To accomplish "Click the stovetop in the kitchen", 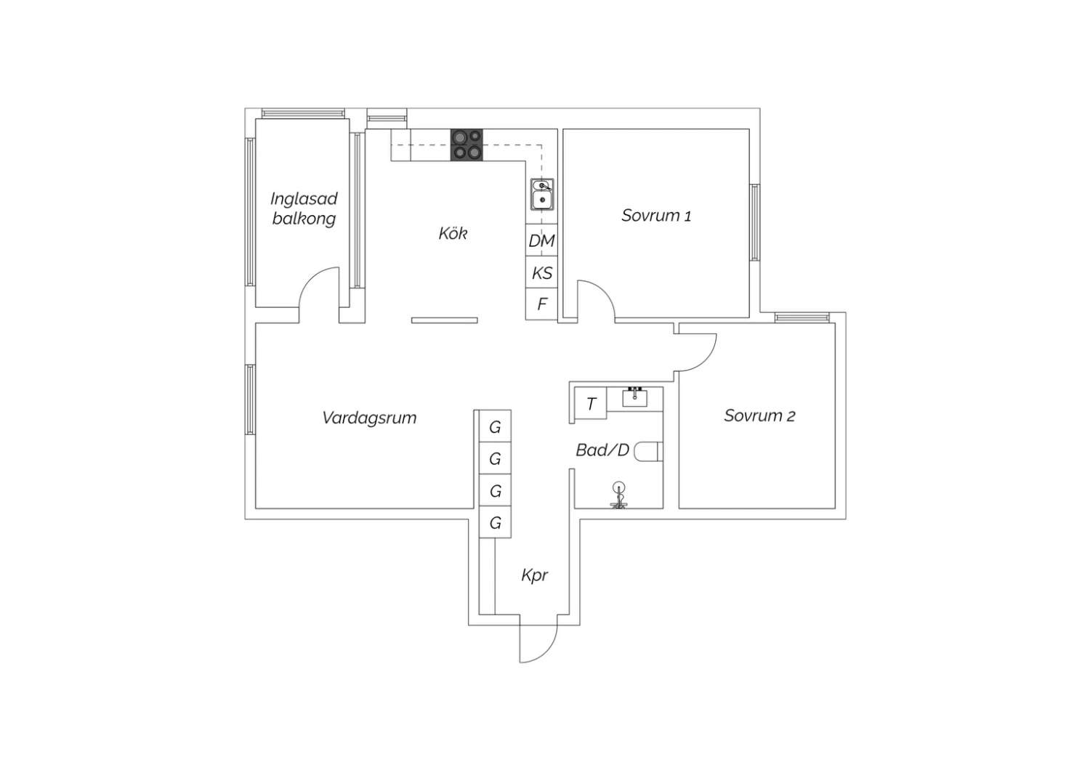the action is [x=467, y=145].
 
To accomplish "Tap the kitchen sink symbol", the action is [x=541, y=194].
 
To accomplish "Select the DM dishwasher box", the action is [x=541, y=240].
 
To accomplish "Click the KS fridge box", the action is [x=541, y=272].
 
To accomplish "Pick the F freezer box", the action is [x=541, y=304].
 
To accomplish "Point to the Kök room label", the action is [x=453, y=233].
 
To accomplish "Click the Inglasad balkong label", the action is [x=304, y=208].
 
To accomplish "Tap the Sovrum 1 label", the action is [x=656, y=216].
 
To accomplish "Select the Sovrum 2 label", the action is [x=759, y=416].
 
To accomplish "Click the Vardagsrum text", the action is [x=369, y=418].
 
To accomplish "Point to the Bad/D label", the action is [x=602, y=450].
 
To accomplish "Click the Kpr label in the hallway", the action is [x=534, y=575].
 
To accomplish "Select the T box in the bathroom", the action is [x=591, y=403].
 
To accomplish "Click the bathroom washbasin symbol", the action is [x=634, y=397].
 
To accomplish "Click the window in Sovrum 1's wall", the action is [x=755, y=222].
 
